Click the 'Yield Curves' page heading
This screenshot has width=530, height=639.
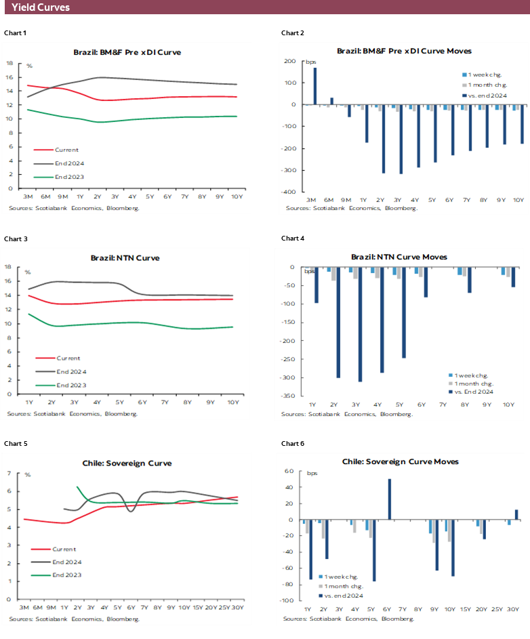point(41,7)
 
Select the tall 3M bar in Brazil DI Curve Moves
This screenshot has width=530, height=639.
point(314,86)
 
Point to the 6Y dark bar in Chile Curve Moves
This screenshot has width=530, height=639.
point(390,499)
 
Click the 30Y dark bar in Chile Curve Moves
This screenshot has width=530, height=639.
point(516,515)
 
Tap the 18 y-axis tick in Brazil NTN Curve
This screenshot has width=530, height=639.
point(18,267)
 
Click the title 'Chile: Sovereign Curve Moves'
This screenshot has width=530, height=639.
point(400,461)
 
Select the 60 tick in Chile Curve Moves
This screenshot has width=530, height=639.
point(288,471)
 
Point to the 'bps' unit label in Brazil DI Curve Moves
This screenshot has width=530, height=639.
point(310,62)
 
